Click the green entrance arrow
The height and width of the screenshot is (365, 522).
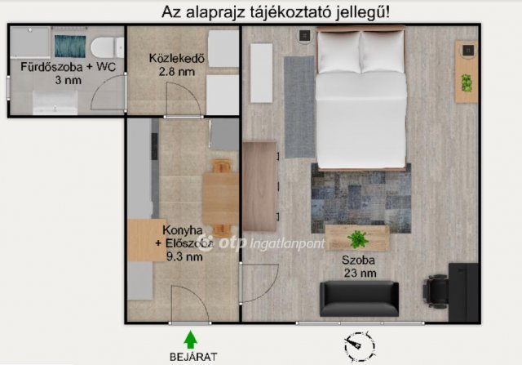click(191, 337)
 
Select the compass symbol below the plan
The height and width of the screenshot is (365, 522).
click(359, 347)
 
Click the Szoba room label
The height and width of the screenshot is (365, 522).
click(359, 260)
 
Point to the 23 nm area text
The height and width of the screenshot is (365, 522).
click(359, 273)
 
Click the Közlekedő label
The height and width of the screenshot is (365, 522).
click(175, 59)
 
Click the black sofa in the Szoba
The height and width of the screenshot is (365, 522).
click(359, 299)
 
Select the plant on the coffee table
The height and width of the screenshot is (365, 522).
click(356, 239)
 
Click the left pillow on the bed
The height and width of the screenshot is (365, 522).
click(338, 51)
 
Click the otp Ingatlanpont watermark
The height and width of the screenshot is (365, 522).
click(265, 243)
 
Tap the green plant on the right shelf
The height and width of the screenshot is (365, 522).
click(467, 82)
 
